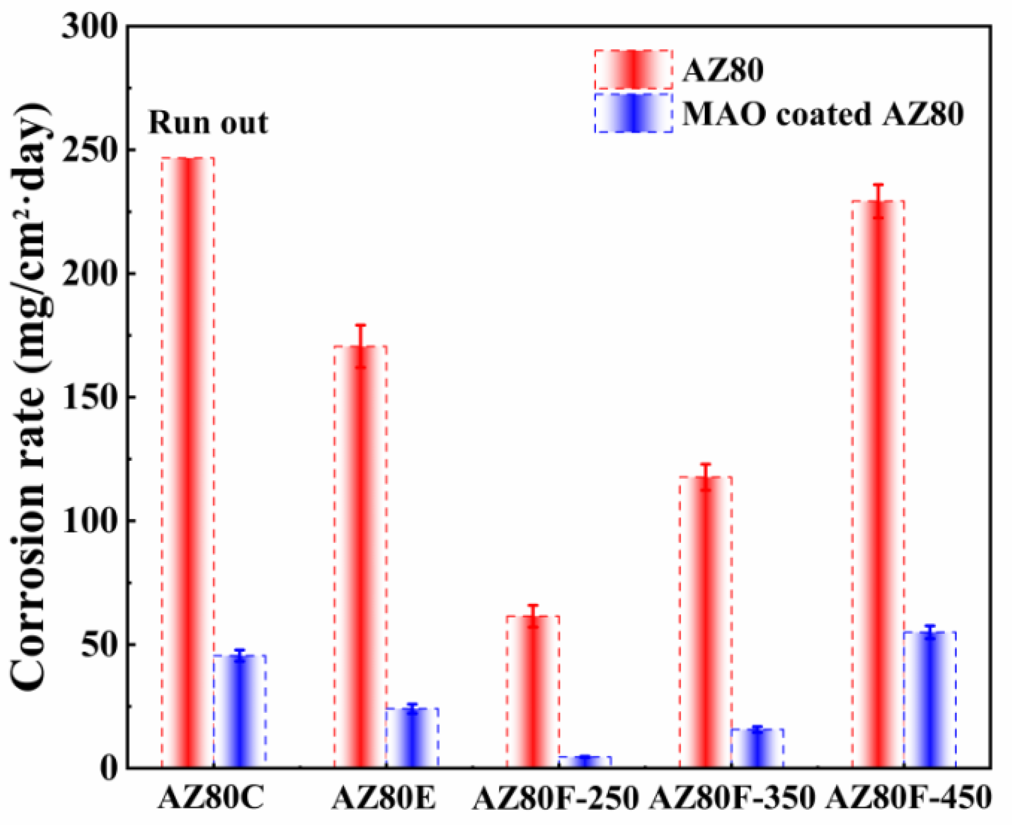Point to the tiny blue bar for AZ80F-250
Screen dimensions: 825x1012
[x=585, y=762]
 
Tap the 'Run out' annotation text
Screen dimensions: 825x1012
[x=208, y=123]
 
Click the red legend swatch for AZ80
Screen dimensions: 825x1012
[x=633, y=69]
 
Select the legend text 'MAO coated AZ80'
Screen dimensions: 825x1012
[x=823, y=114]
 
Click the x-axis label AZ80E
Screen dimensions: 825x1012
[x=384, y=799]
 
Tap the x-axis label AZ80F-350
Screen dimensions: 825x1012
[x=732, y=799]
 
